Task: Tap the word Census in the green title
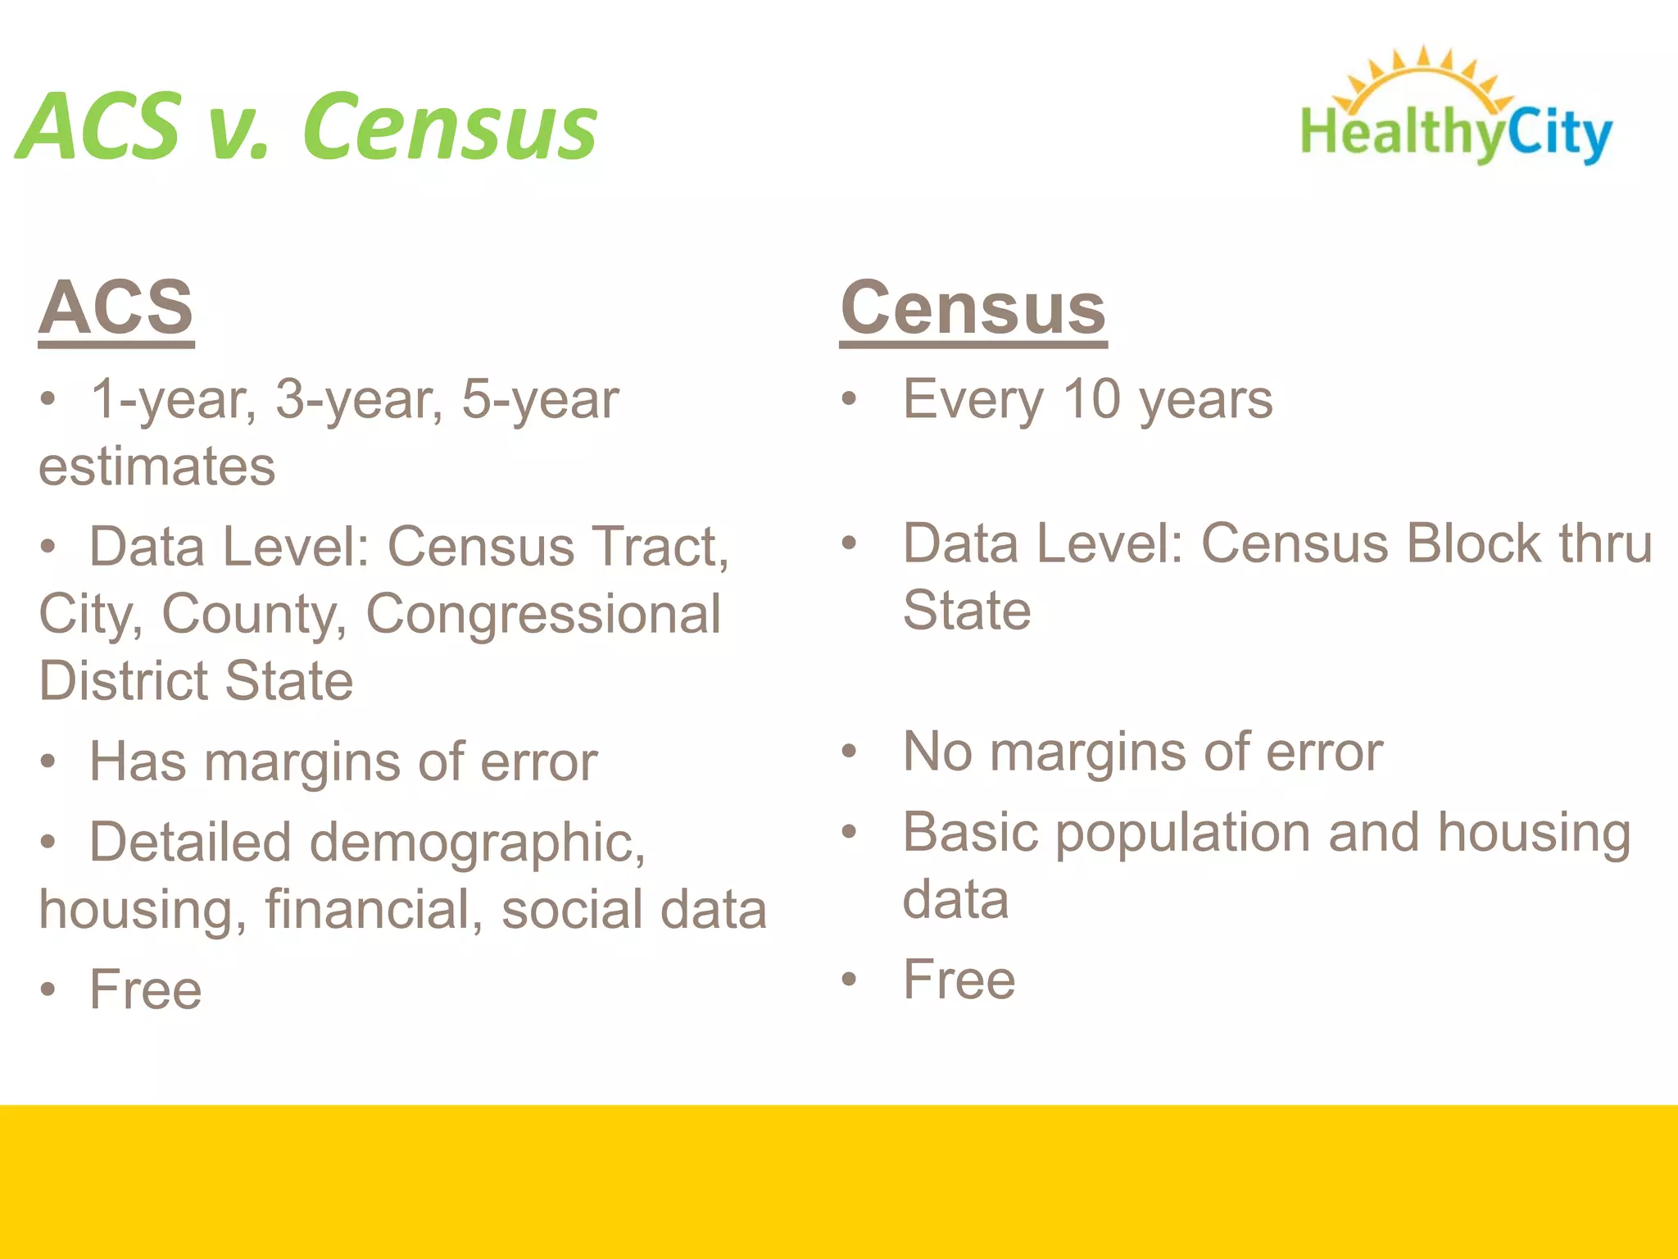450,127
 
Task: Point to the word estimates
157,466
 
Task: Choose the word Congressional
543,614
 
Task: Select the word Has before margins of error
138,761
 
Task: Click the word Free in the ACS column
146,989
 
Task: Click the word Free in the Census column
959,979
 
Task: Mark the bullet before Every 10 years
849,400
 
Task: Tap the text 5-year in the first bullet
539,400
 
